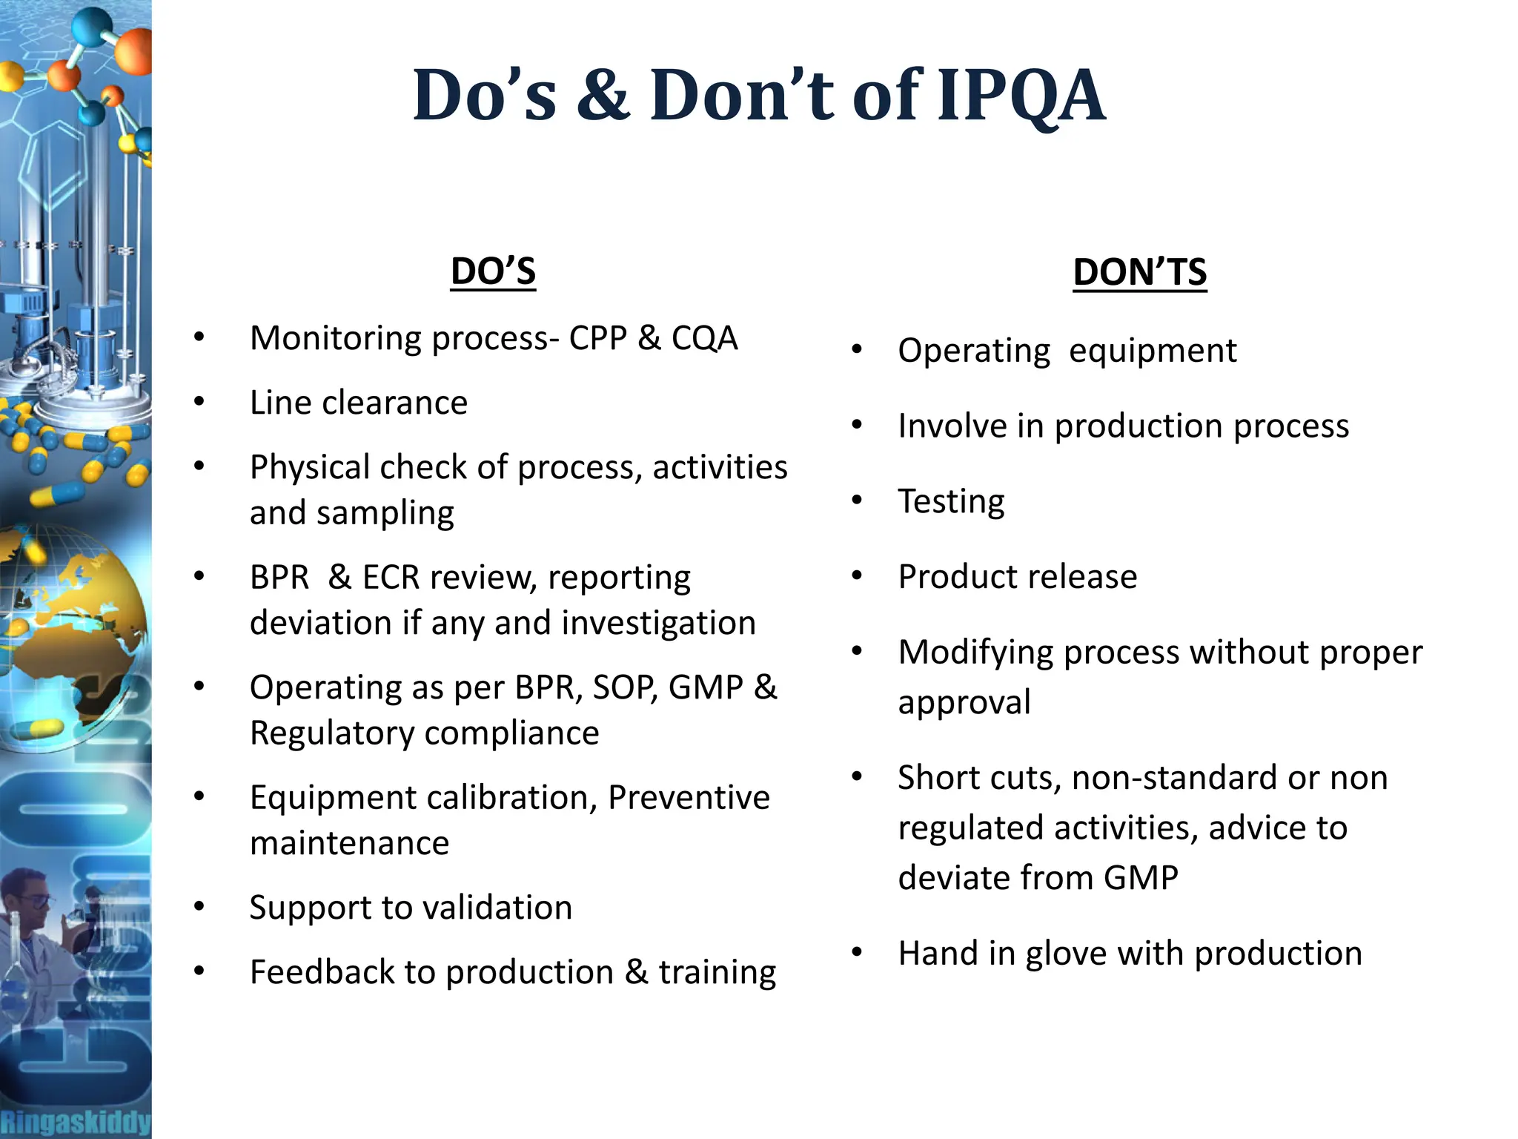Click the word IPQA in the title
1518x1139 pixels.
click(1021, 96)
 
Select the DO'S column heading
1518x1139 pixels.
click(493, 271)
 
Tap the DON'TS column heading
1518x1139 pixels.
click(1139, 272)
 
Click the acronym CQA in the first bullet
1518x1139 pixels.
click(704, 338)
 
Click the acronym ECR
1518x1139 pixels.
click(391, 577)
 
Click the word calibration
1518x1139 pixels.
click(511, 798)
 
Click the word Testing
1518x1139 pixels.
click(951, 501)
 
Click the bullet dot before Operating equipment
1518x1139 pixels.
click(857, 349)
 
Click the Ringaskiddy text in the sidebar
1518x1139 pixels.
click(75, 1122)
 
